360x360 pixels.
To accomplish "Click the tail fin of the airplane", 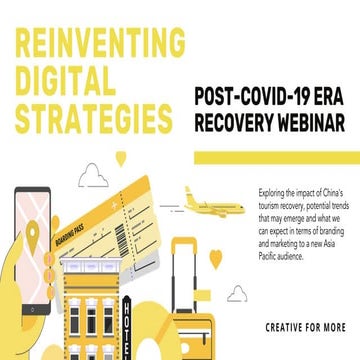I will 189,190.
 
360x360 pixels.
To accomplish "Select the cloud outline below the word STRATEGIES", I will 94,178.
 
